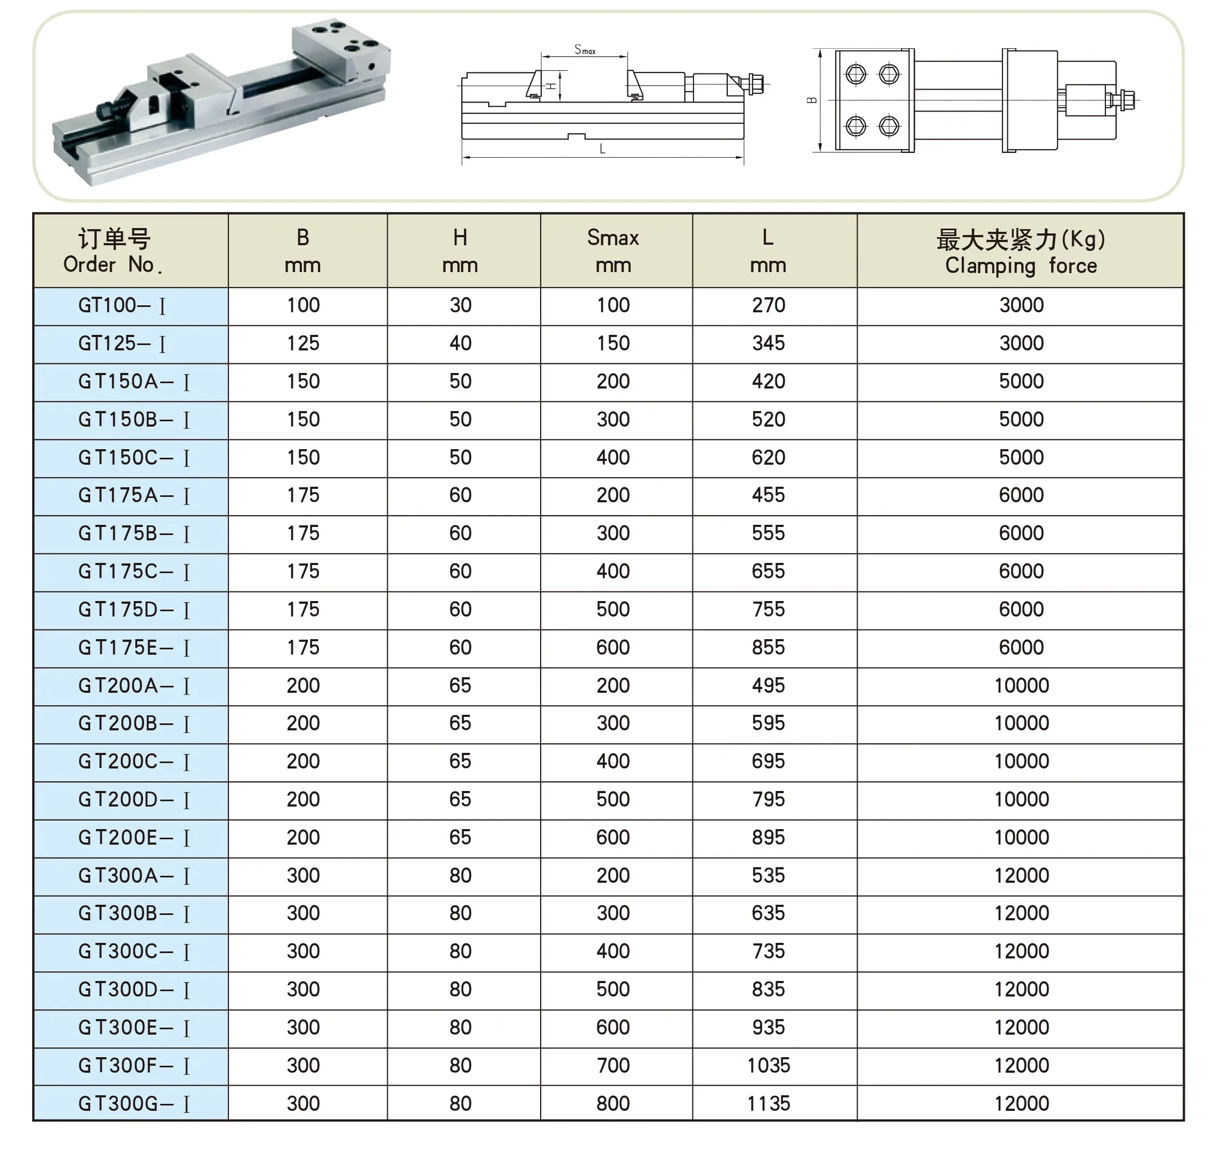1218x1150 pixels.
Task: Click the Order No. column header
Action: (114, 251)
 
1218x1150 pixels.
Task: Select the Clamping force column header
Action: (1021, 251)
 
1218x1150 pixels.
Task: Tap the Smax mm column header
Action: (612, 251)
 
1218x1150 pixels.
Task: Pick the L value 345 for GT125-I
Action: (769, 343)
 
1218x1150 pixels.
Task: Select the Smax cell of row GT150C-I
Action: (613, 457)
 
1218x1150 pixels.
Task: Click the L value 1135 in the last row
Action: (769, 1103)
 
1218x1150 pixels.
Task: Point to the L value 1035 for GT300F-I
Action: (769, 1065)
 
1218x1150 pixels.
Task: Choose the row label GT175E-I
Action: (134, 647)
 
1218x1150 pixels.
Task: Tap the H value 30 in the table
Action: (460, 305)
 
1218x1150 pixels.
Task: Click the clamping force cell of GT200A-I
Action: (1021, 685)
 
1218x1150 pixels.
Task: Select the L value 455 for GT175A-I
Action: (769, 495)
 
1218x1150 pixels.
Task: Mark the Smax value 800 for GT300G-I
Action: (613, 1103)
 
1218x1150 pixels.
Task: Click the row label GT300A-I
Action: (134, 875)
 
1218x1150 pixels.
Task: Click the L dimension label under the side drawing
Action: (602, 149)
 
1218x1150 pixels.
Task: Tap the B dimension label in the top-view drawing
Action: (813, 100)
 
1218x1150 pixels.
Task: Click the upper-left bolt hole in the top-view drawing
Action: (855, 75)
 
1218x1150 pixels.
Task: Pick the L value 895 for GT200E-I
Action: (769, 837)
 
